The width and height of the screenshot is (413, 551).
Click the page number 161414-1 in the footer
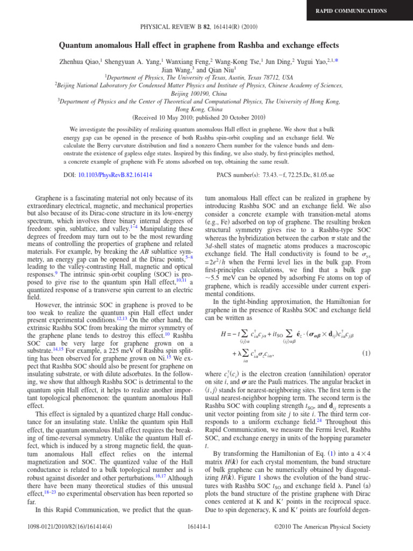click(206, 541)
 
